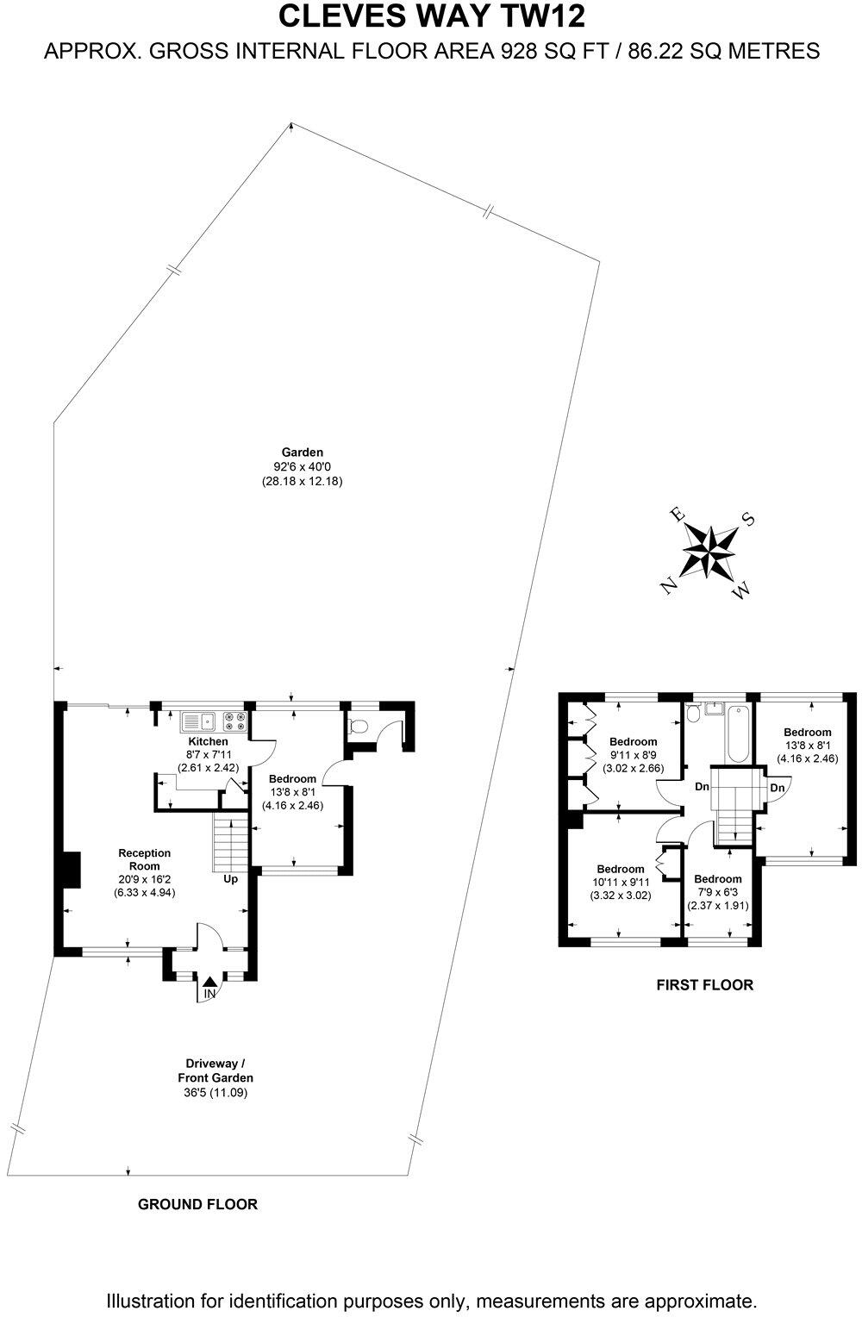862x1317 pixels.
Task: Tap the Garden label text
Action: point(302,452)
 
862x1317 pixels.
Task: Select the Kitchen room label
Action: point(209,741)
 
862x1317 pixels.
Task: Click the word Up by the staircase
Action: point(231,879)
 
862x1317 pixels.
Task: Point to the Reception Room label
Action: point(144,859)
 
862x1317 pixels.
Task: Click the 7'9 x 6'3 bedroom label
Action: point(717,879)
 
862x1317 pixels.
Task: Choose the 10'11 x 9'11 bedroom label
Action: point(620,869)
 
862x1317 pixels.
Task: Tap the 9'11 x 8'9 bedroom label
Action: point(633,741)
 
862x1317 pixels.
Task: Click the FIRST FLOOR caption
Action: point(704,984)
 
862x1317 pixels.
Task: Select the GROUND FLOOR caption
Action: point(197,1204)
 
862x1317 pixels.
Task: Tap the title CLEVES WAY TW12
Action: point(431,17)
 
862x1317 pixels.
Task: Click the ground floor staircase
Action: point(230,843)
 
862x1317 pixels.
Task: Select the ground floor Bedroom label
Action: point(291,778)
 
